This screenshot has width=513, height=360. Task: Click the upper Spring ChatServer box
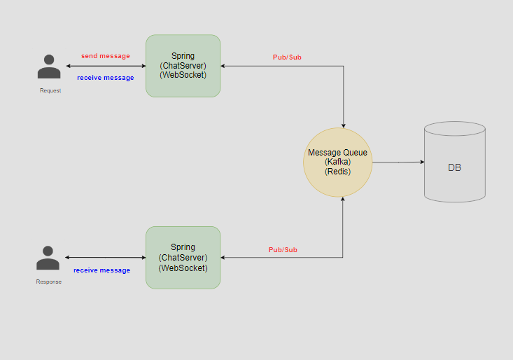(x=183, y=65)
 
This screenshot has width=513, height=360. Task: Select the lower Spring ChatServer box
(x=183, y=257)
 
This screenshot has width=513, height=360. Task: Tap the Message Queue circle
(x=337, y=162)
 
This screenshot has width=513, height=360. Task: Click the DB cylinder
(x=455, y=162)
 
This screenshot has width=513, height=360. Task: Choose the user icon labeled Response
(x=48, y=258)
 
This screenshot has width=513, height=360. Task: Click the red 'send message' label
(x=106, y=56)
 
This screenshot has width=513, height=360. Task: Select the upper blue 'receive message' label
(x=105, y=78)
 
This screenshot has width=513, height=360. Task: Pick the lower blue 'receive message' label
(x=102, y=270)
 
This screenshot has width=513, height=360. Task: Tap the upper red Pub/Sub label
(x=287, y=57)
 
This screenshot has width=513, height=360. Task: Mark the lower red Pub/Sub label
(x=283, y=249)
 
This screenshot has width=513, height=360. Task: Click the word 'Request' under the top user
(x=50, y=91)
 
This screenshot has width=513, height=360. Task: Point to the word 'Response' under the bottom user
(x=49, y=282)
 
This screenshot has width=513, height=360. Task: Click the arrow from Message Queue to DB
(x=398, y=162)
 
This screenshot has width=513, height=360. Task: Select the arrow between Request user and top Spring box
(x=105, y=67)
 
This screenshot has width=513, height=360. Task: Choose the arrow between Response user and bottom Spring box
(x=105, y=258)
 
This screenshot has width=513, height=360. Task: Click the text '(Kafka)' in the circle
(x=337, y=162)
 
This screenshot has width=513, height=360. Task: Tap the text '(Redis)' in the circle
(x=337, y=172)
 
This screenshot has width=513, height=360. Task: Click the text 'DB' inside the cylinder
(x=455, y=168)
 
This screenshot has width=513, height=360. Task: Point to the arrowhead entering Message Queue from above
(x=343, y=123)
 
